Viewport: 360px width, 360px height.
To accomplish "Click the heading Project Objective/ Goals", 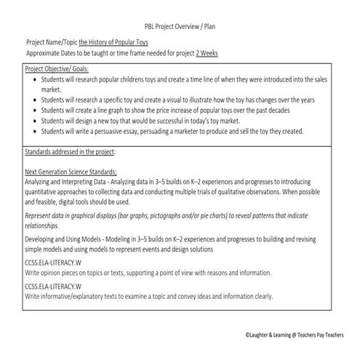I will click(x=55, y=68).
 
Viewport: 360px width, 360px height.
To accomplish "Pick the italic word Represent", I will click(x=41, y=216).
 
